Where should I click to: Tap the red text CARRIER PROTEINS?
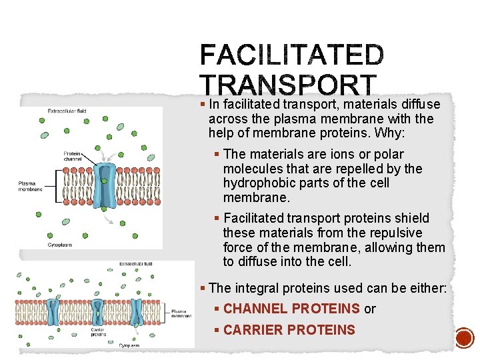click(289, 330)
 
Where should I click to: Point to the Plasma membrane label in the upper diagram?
click(30, 185)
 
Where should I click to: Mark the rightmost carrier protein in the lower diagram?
click(137, 311)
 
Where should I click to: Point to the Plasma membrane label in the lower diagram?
click(179, 313)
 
